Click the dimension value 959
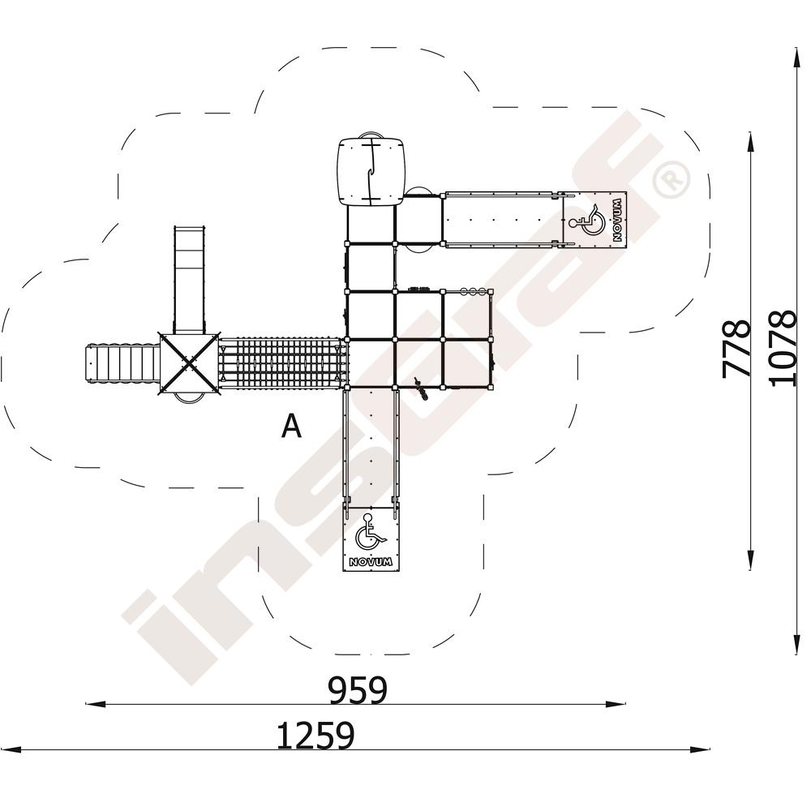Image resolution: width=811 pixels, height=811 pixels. pos(358,690)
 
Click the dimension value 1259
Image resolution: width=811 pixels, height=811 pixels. pos(316,736)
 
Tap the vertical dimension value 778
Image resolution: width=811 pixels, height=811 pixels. pos(736,350)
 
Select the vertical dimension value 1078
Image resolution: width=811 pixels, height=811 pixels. pos(782,348)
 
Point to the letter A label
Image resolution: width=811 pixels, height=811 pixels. pos(291,427)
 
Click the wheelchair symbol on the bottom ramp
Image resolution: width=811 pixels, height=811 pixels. pos(369,533)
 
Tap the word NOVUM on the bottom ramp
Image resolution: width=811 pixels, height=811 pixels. pos(371,562)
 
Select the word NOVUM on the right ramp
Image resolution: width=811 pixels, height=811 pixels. pos(616,221)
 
